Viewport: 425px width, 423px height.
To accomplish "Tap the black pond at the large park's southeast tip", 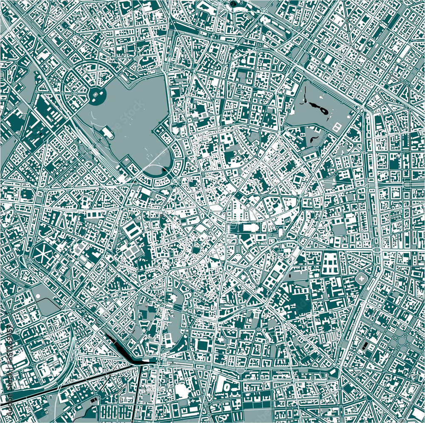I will pos(165,170).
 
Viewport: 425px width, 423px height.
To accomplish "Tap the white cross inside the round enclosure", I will pos(361,279).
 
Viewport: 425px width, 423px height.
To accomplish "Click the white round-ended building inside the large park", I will pos(108,134).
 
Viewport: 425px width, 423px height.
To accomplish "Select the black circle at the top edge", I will pos(233,4).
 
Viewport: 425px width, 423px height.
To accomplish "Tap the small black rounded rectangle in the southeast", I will pos(366,345).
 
